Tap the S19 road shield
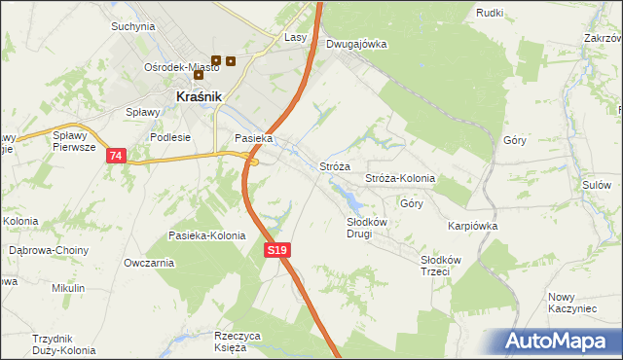[x=277, y=251]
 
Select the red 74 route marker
[x=117, y=156]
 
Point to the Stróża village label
[x=335, y=167]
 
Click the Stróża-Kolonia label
[x=399, y=179]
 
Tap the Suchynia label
[x=133, y=26]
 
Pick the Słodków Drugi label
[x=368, y=228]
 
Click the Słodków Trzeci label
[x=434, y=266]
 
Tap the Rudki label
[x=490, y=12]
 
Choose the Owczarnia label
[x=149, y=263]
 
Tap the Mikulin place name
[x=68, y=288]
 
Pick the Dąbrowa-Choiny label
[x=49, y=250]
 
